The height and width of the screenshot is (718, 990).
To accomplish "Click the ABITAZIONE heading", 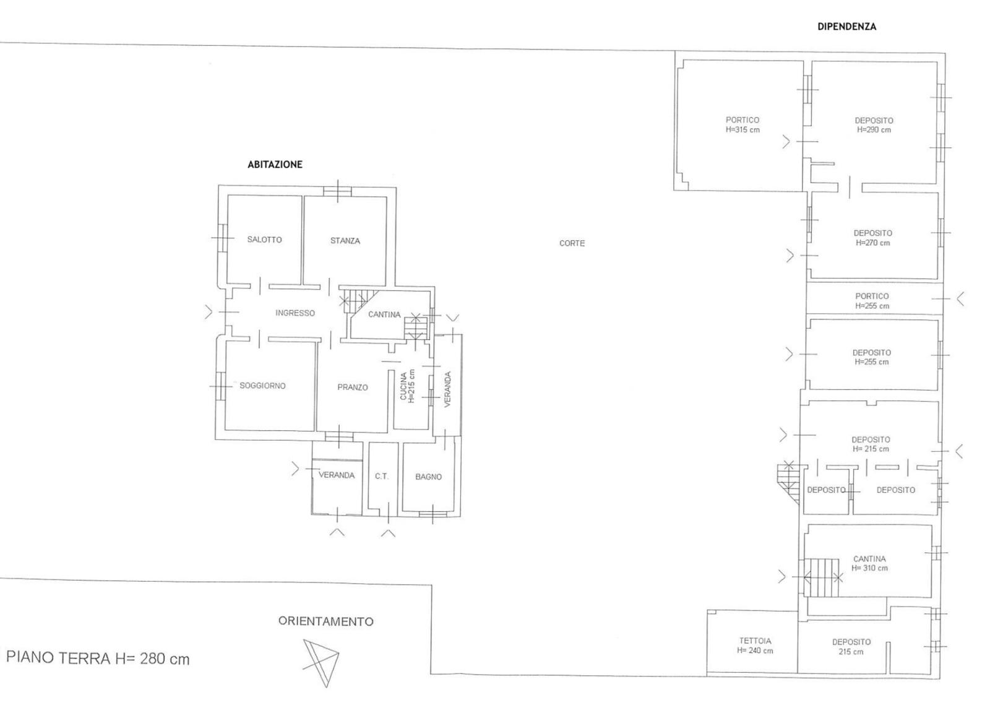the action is (275, 165).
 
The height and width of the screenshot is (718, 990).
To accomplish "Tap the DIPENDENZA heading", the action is (847, 27).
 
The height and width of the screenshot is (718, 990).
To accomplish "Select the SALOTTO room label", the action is (264, 240).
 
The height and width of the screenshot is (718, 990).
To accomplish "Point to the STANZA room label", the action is (345, 241).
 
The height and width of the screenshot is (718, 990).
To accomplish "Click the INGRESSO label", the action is (295, 313).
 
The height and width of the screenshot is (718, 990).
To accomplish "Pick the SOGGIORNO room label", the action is (262, 386).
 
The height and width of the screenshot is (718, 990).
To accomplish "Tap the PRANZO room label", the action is (353, 387).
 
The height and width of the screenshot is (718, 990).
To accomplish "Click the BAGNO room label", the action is (428, 477).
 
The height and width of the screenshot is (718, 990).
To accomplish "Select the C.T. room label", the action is (381, 476).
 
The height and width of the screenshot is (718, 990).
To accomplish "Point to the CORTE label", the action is (572, 243).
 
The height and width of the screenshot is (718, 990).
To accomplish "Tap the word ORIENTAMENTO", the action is (325, 621).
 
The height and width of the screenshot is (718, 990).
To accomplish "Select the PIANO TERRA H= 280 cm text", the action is (98, 659).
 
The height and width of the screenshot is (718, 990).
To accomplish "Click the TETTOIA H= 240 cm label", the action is (755, 646).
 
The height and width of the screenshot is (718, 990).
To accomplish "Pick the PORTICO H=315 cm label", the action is (742, 124).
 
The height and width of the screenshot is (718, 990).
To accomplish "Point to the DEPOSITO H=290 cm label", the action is (874, 125).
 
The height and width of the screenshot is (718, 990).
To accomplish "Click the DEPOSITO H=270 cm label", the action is (873, 238).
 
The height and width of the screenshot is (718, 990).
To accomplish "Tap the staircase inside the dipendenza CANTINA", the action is (821, 577).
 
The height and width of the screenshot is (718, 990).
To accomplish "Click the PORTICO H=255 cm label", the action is (872, 301).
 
